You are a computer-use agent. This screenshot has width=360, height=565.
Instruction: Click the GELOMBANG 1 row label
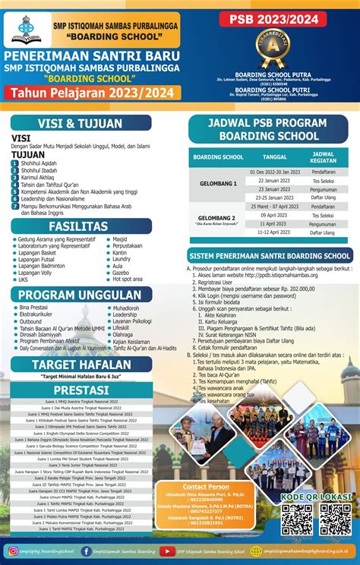(x=217, y=184)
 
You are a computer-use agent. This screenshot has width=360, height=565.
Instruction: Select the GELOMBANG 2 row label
(x=217, y=219)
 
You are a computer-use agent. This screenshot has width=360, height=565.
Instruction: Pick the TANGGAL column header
(x=274, y=156)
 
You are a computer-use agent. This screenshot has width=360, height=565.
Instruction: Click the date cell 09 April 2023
(x=274, y=215)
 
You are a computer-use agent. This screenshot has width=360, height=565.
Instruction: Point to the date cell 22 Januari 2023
(x=274, y=181)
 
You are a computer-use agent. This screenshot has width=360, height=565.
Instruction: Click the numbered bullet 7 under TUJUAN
(x=15, y=206)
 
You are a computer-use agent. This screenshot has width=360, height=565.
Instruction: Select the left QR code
(x=297, y=519)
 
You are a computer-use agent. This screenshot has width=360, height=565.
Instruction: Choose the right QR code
(x=334, y=519)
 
